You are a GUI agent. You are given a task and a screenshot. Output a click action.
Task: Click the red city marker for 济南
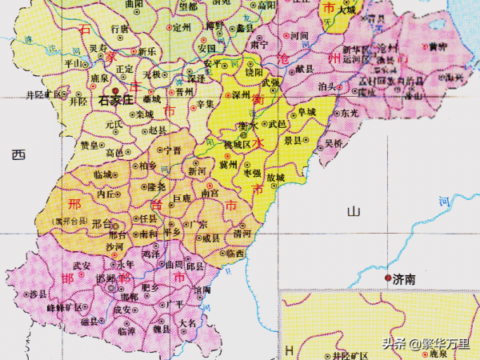[x=388, y=278]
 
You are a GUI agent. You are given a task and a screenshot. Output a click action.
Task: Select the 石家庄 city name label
[x=115, y=102]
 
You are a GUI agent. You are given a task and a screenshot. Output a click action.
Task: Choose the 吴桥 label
[x=333, y=143]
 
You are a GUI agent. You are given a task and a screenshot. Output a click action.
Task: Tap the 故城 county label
[x=275, y=177]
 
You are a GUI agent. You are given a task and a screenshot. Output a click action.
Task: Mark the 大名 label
[x=187, y=323]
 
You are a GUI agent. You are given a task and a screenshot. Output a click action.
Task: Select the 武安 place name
[x=82, y=265]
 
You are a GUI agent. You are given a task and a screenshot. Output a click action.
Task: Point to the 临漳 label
[x=126, y=330]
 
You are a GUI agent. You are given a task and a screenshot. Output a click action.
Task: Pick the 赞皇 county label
[x=90, y=145]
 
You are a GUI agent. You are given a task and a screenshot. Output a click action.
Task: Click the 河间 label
[x=299, y=36]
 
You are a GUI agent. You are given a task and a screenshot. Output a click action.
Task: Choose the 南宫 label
[x=210, y=192]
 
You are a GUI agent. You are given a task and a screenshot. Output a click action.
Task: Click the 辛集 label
[x=206, y=104]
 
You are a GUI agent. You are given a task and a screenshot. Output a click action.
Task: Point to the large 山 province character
[x=354, y=211]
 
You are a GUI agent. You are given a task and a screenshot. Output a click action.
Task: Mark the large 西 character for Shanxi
[x=18, y=156]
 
